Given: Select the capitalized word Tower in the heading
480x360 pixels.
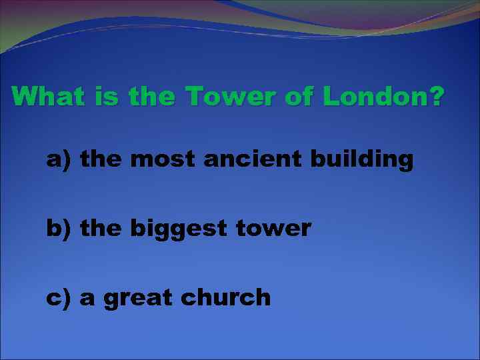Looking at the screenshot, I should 228,97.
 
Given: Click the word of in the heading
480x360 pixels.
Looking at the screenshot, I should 298,97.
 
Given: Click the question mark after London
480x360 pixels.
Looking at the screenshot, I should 435,97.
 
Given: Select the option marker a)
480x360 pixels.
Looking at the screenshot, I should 59,160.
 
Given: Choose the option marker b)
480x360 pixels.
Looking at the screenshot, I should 59,229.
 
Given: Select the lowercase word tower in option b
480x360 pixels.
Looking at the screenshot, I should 273,229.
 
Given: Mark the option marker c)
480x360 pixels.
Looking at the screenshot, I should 59,297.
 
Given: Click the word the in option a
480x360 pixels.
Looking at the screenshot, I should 101,160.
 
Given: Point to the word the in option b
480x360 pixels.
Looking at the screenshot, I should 101,229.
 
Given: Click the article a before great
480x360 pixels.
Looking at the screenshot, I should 87,299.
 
